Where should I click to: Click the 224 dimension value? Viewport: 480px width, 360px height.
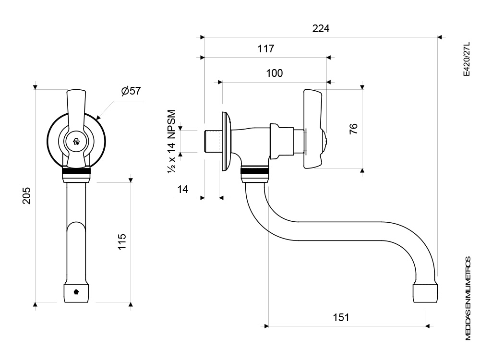tap(321, 28)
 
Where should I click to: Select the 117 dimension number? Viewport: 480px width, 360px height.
tap(265, 48)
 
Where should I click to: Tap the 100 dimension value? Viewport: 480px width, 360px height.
tap(274, 73)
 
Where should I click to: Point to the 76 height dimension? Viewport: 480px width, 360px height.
tap(353, 129)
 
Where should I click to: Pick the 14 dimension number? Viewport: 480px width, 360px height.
tap(183, 189)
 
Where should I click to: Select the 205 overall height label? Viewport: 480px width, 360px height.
tap(27, 195)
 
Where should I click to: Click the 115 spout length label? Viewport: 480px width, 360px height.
tap(122, 241)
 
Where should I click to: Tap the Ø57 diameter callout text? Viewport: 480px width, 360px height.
tap(131, 91)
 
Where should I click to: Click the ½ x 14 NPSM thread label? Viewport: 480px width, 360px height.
tap(172, 141)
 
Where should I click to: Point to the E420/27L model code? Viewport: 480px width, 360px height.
tap(466, 59)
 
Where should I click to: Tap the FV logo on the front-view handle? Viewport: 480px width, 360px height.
tap(76, 142)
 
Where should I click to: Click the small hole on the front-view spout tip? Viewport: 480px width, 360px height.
tap(76, 291)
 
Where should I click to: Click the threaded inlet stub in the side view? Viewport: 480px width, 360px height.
tap(211, 141)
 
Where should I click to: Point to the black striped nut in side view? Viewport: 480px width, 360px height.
tap(254, 171)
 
